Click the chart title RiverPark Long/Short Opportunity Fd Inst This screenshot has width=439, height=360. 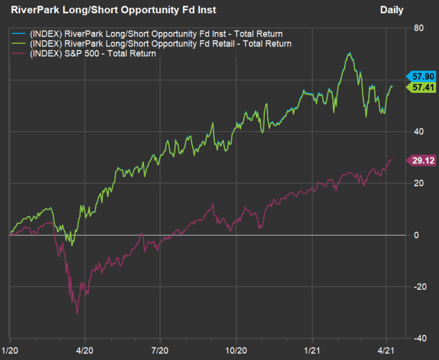[114, 10]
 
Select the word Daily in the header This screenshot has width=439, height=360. [392, 10]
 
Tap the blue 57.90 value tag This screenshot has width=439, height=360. [421, 75]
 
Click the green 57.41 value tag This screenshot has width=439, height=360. [421, 87]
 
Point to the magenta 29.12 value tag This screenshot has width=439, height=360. [421, 160]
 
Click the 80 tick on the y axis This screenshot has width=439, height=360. [416, 28]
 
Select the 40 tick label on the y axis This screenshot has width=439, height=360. [416, 132]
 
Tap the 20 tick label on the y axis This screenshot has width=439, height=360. [416, 183]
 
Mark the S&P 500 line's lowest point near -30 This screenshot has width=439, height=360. [77, 314]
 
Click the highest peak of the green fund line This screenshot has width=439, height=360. [349, 53]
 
